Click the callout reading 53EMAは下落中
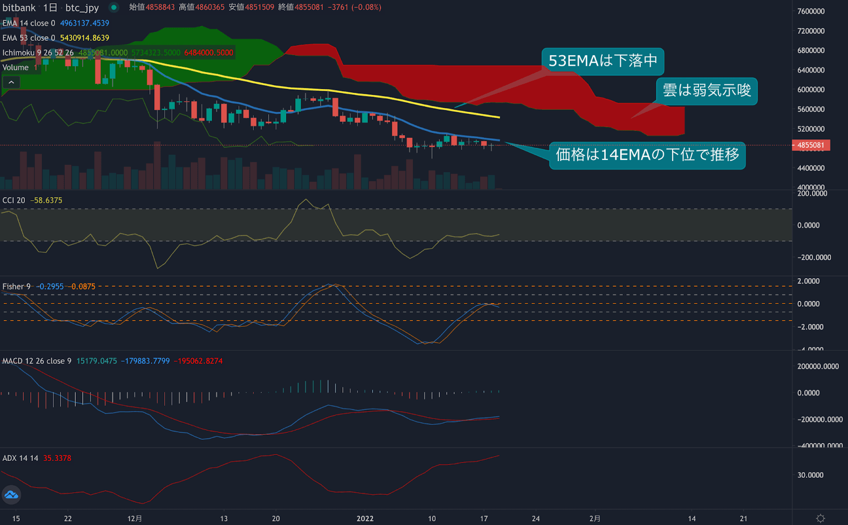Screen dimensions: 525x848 pyautogui.click(x=603, y=61)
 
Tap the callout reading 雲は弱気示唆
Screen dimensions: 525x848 pyautogui.click(x=706, y=91)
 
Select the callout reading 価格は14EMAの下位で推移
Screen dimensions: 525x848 pyautogui.click(x=647, y=155)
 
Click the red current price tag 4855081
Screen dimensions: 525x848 pyautogui.click(x=810, y=145)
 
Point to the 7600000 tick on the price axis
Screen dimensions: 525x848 pyautogui.click(x=811, y=11)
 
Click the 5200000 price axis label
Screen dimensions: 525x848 pyautogui.click(x=811, y=129)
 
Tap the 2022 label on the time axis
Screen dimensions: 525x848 pyautogui.click(x=365, y=519)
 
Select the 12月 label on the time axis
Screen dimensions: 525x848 pyautogui.click(x=135, y=519)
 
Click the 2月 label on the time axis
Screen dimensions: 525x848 pyautogui.click(x=595, y=519)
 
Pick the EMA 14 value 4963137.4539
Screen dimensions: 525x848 pyautogui.click(x=84, y=23)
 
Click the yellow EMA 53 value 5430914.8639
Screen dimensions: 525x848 pyautogui.click(x=84, y=38)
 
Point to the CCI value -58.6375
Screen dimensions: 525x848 pyautogui.click(x=46, y=200)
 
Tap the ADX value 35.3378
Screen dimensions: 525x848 pyautogui.click(x=57, y=458)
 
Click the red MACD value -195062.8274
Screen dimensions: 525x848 pyautogui.click(x=198, y=361)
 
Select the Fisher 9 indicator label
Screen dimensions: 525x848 pyautogui.click(x=16, y=287)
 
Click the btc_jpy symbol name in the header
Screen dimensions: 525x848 pyautogui.click(x=82, y=7)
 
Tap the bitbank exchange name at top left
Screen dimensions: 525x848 pyautogui.click(x=19, y=7)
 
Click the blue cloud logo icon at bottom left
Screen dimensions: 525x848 pyautogui.click(x=11, y=495)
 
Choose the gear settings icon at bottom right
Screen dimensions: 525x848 pyautogui.click(x=820, y=518)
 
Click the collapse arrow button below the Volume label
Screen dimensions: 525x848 pyautogui.click(x=11, y=82)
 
